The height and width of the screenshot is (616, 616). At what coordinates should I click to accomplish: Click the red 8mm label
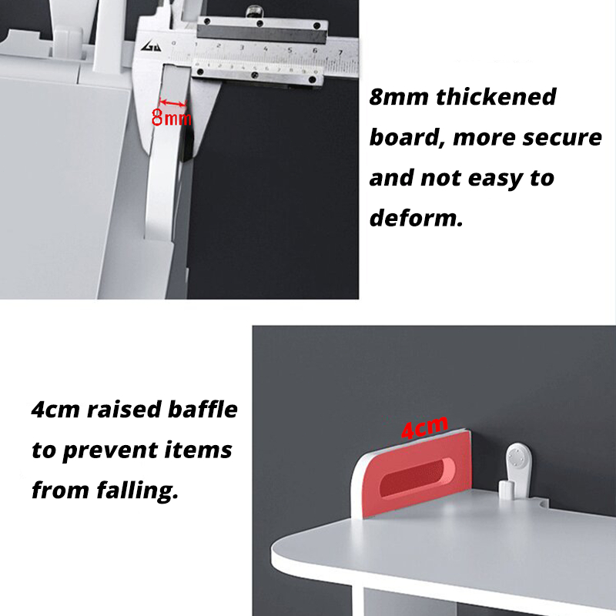(x=171, y=118)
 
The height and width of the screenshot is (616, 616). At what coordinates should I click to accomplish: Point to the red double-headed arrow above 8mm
(x=172, y=103)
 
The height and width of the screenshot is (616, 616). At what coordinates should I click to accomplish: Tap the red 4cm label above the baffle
(x=424, y=427)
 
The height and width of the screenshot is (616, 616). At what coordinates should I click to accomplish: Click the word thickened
(x=496, y=97)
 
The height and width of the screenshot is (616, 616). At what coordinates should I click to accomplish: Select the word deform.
(x=416, y=218)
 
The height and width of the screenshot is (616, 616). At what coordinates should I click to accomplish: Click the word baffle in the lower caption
(x=203, y=409)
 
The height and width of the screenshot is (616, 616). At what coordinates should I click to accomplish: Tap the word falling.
(x=137, y=490)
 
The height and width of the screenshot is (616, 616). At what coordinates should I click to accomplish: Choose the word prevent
(x=109, y=450)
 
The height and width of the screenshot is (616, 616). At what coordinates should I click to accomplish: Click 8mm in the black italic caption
(x=399, y=97)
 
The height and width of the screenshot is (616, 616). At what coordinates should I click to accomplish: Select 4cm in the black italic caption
(x=55, y=410)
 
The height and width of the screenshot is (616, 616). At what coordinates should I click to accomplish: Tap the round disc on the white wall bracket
(x=517, y=458)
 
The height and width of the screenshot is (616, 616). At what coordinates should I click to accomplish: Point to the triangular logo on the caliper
(x=151, y=47)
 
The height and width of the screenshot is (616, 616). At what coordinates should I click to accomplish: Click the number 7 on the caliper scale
(x=340, y=52)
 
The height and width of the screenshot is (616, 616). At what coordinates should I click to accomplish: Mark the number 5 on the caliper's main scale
(x=290, y=50)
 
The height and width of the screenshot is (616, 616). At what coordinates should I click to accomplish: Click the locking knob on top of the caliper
(x=255, y=12)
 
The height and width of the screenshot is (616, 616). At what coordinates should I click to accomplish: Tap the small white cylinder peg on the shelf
(x=507, y=490)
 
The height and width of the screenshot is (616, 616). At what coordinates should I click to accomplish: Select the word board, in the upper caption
(x=405, y=138)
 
